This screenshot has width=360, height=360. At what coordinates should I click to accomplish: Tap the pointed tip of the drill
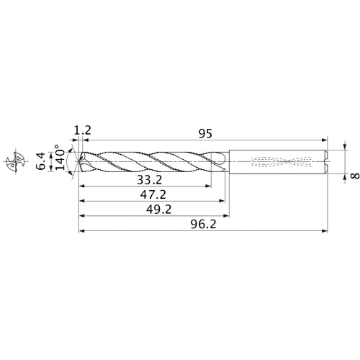pyautogui.click(x=79, y=161)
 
